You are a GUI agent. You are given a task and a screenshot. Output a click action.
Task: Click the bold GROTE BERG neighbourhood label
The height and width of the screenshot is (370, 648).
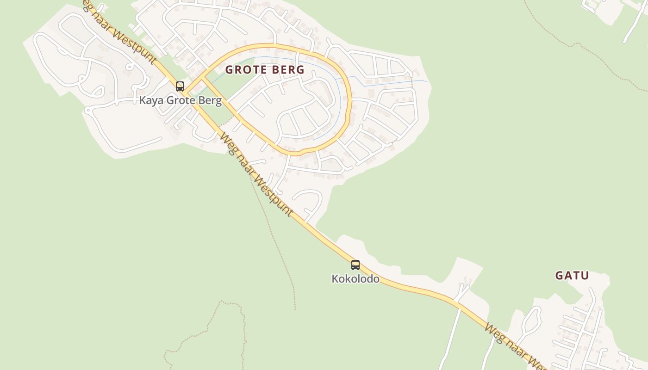pyautogui.click(x=265, y=70)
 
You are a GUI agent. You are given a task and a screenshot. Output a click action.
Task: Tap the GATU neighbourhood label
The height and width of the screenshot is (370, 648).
pyautogui.click(x=572, y=276)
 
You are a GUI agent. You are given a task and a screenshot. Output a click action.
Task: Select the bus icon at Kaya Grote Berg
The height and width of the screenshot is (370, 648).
pyautogui.click(x=180, y=86)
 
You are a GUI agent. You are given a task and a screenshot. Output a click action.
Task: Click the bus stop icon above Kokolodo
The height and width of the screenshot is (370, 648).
pyautogui.click(x=355, y=265)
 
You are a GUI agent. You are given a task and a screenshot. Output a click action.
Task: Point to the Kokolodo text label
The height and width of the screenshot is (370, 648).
pyautogui.click(x=355, y=279)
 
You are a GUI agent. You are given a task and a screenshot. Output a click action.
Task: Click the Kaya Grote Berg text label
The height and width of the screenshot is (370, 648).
pyautogui.click(x=181, y=100)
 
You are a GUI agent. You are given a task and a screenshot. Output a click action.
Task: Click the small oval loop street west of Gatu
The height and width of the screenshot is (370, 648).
pyautogui.click(x=532, y=319)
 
